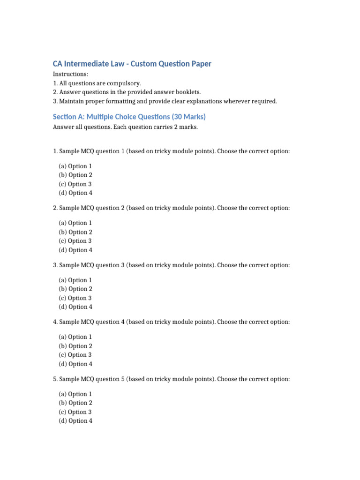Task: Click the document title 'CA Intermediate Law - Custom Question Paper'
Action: pyautogui.click(x=132, y=64)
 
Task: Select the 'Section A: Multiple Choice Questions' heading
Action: pyautogui.click(x=129, y=117)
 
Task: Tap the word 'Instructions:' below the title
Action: pyautogui.click(x=70, y=74)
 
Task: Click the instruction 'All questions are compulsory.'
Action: pyautogui.click(x=97, y=83)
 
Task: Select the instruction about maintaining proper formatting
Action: pyautogui.click(x=165, y=101)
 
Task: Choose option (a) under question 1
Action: pyautogui.click(x=75, y=166)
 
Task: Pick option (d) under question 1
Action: pyautogui.click(x=75, y=193)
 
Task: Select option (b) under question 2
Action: pyautogui.click(x=75, y=232)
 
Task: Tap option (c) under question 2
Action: pyautogui.click(x=75, y=241)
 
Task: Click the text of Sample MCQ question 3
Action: pyautogui.click(x=171, y=265)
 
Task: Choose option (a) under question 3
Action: pyautogui.click(x=75, y=280)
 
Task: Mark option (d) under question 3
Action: pyautogui.click(x=75, y=307)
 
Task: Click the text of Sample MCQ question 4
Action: pyautogui.click(x=171, y=322)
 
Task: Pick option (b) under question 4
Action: pyautogui.click(x=75, y=346)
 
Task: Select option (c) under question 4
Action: pyautogui.click(x=75, y=355)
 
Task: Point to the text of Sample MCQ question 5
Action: pyautogui.click(x=171, y=379)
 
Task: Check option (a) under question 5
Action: pyautogui.click(x=75, y=394)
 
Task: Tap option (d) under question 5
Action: pyautogui.click(x=75, y=421)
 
